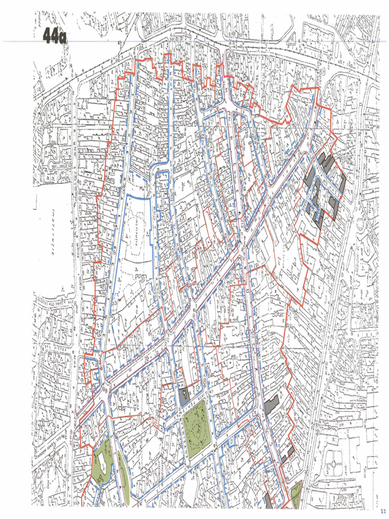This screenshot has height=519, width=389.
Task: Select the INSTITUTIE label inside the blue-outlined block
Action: (136, 233)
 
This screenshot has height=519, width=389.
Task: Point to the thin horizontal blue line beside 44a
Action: (203, 42)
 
